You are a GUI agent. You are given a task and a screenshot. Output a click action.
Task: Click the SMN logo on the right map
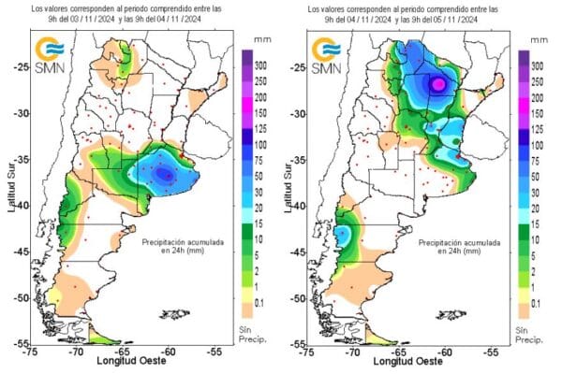[327, 57]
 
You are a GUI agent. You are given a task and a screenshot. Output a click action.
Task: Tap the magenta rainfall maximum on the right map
[437, 83]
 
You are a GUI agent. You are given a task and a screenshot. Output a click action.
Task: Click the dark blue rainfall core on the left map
[166, 174]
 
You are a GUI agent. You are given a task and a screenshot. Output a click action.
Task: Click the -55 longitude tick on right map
[489, 353]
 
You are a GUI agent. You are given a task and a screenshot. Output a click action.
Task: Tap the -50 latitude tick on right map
[298, 297]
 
